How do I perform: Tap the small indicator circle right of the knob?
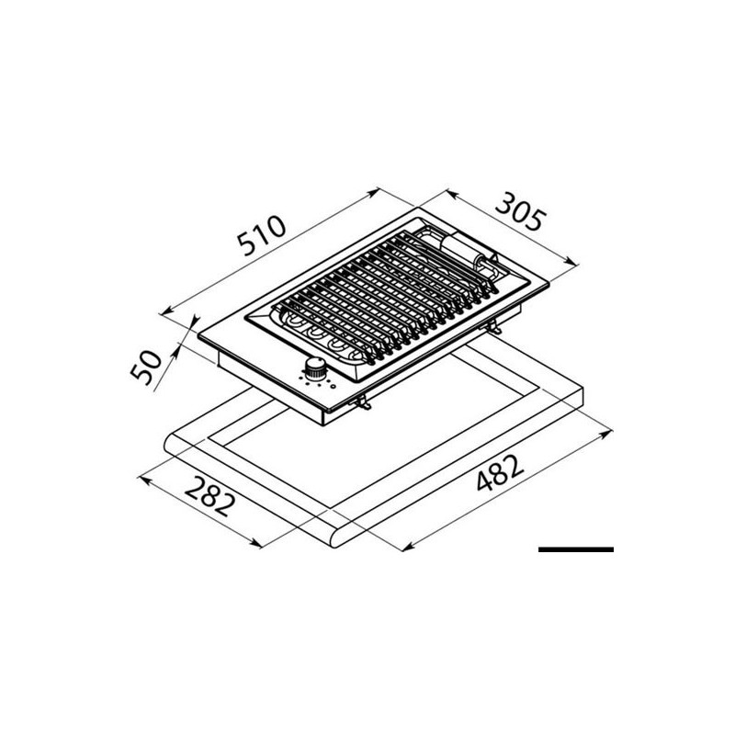coord(334,384)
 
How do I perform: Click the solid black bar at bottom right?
coord(575,548)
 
